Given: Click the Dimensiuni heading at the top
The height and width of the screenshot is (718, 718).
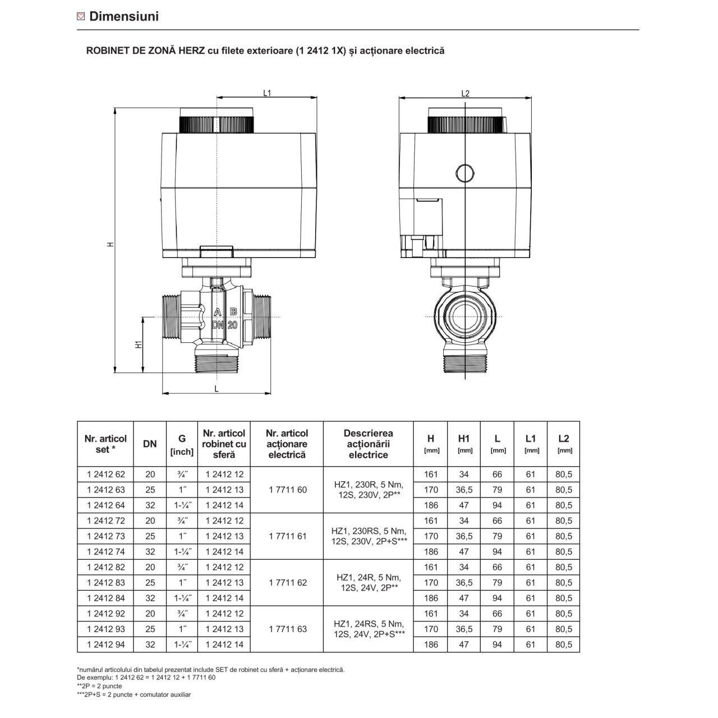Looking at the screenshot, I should (x=124, y=16).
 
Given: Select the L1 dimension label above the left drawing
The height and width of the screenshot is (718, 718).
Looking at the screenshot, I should (x=267, y=94).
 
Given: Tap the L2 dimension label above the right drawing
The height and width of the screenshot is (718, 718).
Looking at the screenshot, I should (x=464, y=94).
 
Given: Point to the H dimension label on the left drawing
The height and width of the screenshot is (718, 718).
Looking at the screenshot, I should (x=111, y=244).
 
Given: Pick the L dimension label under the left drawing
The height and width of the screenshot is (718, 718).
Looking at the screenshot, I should (x=216, y=388).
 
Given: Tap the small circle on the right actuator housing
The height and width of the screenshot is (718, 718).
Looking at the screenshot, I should (x=464, y=172).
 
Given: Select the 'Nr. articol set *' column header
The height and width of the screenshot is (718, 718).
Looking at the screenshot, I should (x=105, y=444).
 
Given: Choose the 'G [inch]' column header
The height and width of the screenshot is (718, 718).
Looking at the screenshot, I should (x=182, y=444).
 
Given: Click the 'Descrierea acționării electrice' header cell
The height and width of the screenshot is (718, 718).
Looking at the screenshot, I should (x=368, y=444).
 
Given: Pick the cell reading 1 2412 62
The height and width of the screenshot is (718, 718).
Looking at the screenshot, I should (x=105, y=475).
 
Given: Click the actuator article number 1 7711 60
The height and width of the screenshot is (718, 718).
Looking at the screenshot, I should (x=288, y=490).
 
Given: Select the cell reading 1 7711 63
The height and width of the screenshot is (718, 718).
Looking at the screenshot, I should (x=288, y=629).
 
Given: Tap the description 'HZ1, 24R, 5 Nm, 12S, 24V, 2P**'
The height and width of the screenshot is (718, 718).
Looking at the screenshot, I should (x=368, y=583).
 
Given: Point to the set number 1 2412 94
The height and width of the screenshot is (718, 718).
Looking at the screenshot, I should (x=105, y=645).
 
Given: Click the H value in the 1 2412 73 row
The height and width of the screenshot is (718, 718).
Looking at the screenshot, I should (x=431, y=536).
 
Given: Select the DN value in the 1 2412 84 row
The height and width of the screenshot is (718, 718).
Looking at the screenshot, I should (x=150, y=599).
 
